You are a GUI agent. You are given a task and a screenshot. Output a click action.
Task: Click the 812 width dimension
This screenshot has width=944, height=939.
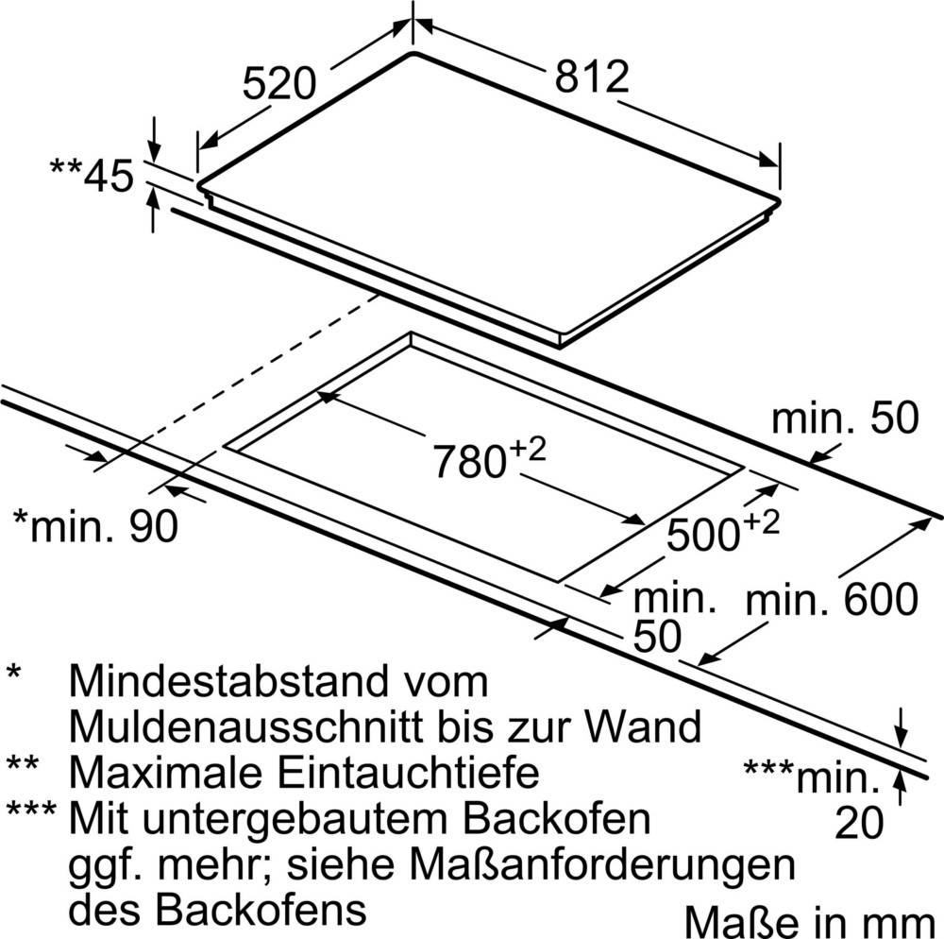(x=592, y=77)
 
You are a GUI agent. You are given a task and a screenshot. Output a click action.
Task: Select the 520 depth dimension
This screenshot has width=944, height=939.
(x=278, y=83)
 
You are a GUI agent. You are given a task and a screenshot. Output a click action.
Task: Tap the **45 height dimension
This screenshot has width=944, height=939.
(x=92, y=177)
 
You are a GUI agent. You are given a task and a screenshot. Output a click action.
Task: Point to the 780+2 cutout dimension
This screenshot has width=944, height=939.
(x=489, y=458)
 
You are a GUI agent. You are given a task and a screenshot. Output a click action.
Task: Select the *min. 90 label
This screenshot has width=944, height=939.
(x=95, y=526)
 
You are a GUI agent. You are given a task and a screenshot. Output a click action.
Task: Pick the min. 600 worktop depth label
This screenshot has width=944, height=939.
(x=832, y=599)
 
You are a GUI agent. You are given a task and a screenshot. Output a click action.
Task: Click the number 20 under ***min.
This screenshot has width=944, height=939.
(x=859, y=823)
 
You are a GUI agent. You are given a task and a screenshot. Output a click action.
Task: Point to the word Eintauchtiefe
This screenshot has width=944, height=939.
(x=408, y=772)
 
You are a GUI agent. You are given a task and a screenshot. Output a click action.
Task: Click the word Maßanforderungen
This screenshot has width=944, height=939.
(x=602, y=863)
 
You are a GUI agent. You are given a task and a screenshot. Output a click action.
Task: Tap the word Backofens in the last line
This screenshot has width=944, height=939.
(x=261, y=908)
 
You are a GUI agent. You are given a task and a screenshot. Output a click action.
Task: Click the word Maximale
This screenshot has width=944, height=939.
(x=165, y=772)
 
